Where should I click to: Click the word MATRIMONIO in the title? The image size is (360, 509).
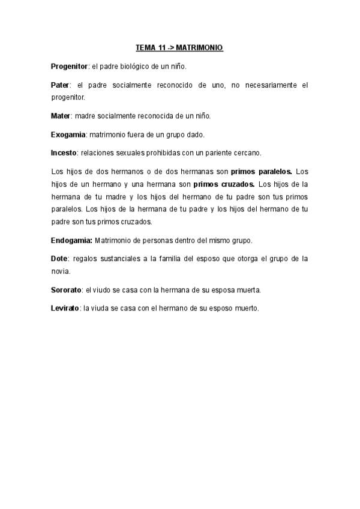pos(202,47)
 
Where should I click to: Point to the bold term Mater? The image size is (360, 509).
pos(61,115)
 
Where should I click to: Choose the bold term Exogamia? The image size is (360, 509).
pos(68,134)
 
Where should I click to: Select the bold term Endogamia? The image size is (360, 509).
pos(71,241)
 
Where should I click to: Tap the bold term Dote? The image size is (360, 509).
pos(60,259)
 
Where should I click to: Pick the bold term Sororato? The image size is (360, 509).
pos(65,290)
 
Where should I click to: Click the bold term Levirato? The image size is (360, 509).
pos(65,309)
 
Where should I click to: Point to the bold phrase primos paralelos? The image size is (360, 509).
pos(261,171)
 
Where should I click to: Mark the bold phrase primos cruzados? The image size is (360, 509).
pos(224,184)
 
